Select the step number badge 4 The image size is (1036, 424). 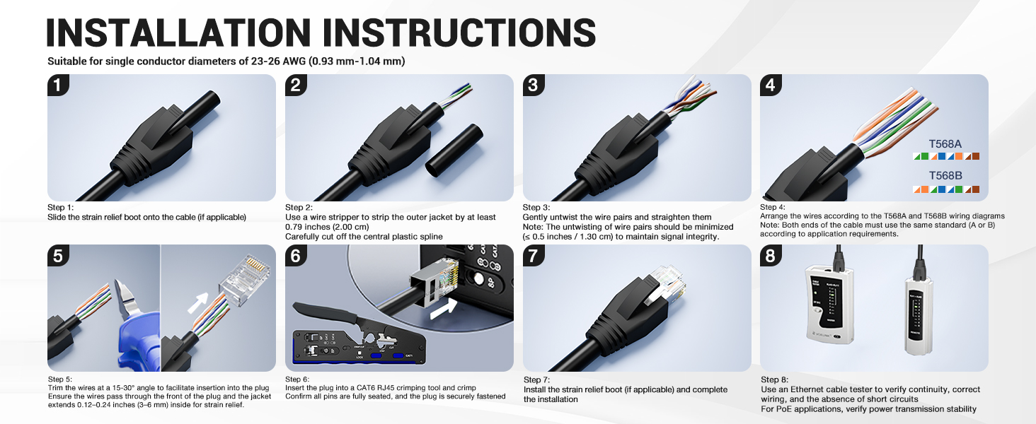tap(771, 86)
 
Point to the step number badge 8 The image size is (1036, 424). tap(771, 256)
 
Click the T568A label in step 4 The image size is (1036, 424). tap(945, 143)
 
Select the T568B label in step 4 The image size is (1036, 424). tap(945, 176)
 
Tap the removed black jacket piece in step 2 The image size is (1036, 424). tap(453, 150)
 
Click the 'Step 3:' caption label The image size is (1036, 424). tap(536, 208)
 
